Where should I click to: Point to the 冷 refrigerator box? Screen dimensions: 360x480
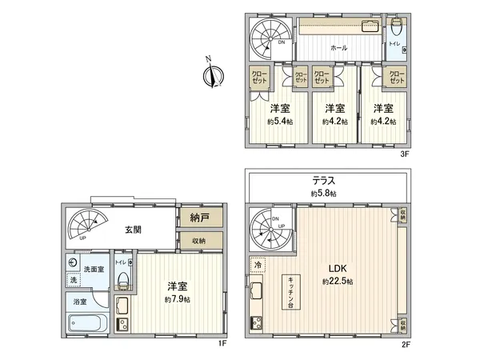click(258, 265)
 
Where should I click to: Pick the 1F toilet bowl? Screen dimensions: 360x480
click(122, 280)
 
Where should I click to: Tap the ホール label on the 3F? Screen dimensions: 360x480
click(327, 48)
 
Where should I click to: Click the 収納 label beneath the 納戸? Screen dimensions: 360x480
click(198, 241)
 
